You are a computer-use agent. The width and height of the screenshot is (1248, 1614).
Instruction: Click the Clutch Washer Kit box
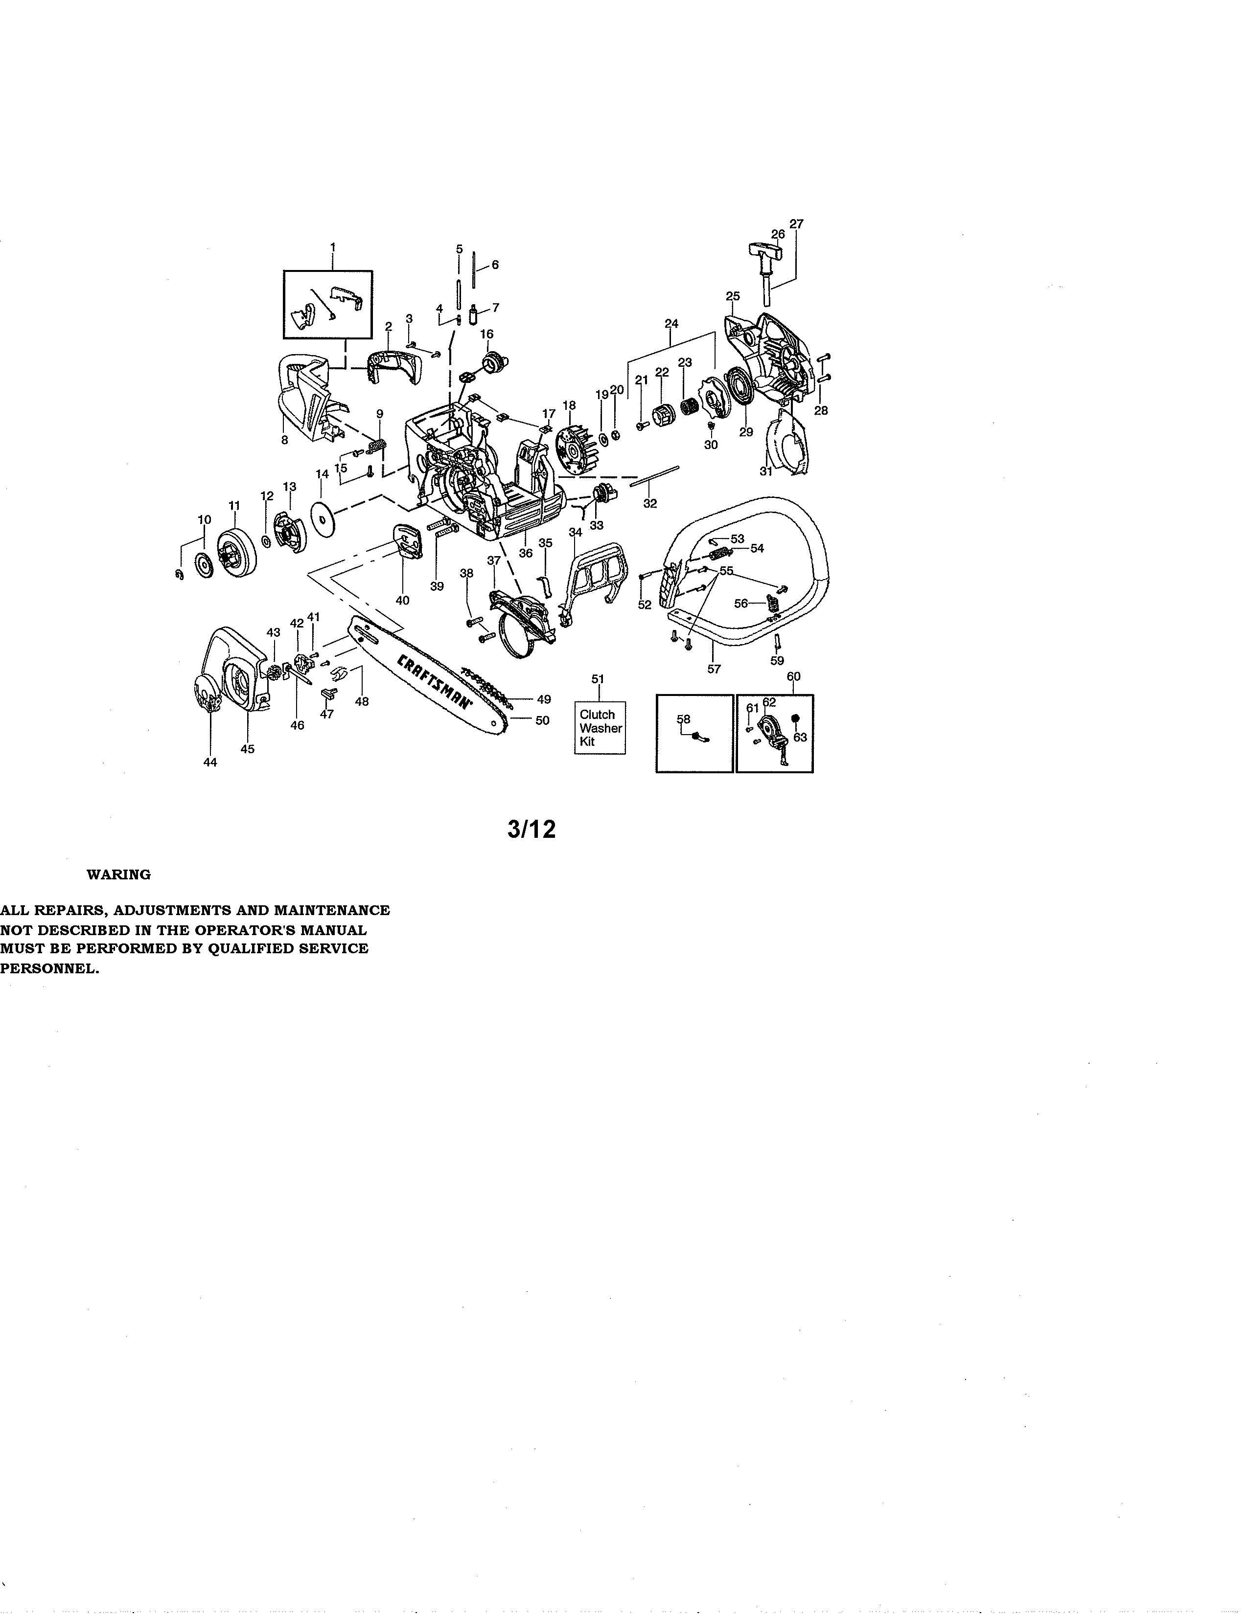(600, 727)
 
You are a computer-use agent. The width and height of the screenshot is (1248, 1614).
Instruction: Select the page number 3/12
(531, 830)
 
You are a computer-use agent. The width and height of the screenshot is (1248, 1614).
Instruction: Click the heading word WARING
(118, 874)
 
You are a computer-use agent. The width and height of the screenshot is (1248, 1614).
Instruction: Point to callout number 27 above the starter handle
(796, 223)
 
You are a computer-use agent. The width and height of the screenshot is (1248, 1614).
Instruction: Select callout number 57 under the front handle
(714, 669)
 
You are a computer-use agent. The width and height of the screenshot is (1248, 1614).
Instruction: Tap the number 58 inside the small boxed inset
(683, 719)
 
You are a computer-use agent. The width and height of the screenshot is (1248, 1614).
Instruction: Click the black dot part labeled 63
(795, 719)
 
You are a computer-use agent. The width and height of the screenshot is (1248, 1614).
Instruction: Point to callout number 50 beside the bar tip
(542, 720)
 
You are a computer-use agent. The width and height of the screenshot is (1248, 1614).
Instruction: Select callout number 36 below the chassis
(526, 553)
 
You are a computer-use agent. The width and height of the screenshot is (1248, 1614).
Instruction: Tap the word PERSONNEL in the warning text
(49, 969)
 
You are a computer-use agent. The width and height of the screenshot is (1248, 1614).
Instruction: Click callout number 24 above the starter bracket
(671, 323)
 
